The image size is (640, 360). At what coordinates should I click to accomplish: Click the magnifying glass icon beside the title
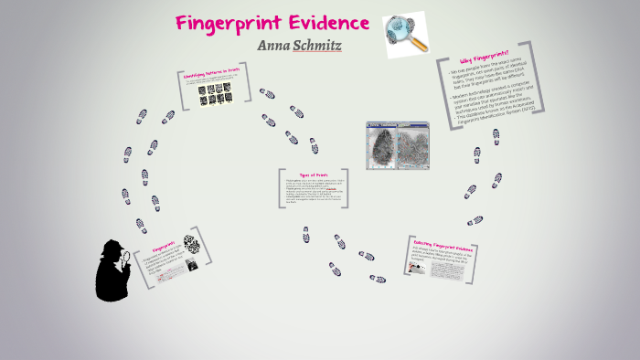click(404, 34)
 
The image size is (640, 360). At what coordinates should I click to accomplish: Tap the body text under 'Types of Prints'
click(313, 194)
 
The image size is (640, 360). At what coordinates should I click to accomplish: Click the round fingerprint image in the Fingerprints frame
click(190, 242)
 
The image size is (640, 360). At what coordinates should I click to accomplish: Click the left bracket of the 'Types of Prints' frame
click(280, 191)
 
